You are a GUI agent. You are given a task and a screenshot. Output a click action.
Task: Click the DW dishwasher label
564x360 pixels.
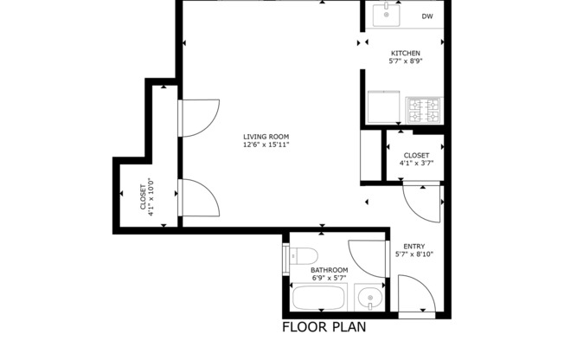click(427, 16)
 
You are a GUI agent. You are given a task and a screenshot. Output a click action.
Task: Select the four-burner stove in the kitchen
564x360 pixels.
click(425, 110)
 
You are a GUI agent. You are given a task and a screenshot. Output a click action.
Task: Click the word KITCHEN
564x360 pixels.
click(405, 54)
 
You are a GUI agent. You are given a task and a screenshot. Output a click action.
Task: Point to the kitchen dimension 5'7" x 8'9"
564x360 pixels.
click(405, 61)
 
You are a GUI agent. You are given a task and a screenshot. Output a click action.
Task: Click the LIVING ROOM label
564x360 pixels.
click(266, 137)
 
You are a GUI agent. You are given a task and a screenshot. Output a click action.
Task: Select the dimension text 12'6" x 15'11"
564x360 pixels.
click(266, 145)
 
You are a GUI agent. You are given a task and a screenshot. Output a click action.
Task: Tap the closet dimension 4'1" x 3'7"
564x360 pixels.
click(416, 163)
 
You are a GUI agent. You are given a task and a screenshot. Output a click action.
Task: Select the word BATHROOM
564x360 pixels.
click(330, 270)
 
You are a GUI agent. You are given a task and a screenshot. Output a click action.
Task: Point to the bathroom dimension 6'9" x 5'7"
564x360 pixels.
click(330, 278)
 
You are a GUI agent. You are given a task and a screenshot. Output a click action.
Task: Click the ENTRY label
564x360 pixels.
click(413, 246)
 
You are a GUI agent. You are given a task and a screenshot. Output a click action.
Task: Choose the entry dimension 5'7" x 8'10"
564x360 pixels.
click(413, 254)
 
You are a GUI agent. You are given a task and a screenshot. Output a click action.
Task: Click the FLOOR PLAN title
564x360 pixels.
click(324, 328)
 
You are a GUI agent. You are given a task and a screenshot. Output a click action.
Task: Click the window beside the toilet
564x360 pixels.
click(285, 258)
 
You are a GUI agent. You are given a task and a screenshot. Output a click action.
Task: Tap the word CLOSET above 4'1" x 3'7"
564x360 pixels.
click(416, 155)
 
